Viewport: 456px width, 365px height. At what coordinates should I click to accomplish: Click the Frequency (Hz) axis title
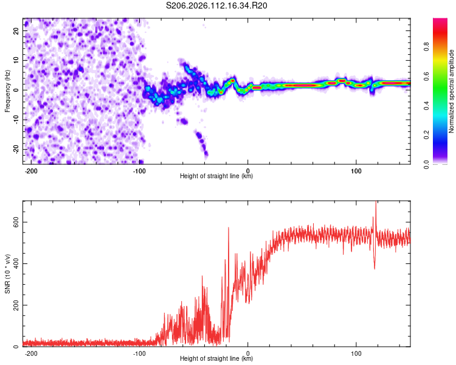[x=7, y=91]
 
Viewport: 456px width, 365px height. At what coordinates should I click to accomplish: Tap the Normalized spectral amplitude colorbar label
[x=452, y=91]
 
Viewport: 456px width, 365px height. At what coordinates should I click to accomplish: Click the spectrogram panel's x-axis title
[x=216, y=176]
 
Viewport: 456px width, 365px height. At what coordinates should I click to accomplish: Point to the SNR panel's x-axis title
[x=216, y=359]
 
